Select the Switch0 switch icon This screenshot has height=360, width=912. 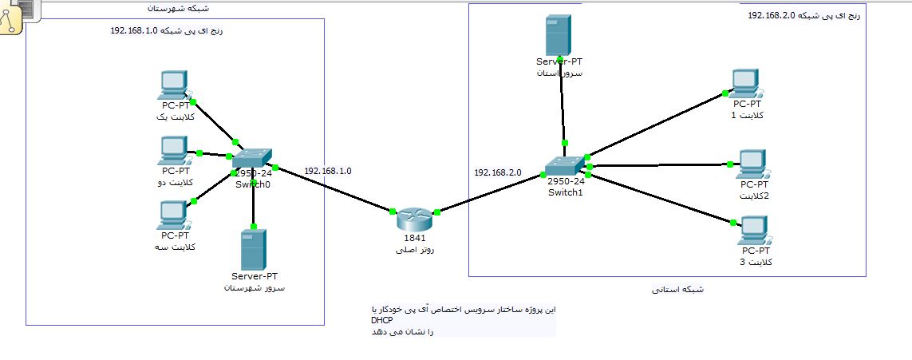[x=252, y=158]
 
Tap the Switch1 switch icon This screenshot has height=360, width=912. [x=566, y=165]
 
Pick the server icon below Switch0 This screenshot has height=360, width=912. [x=253, y=250]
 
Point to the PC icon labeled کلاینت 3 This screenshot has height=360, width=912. [x=754, y=231]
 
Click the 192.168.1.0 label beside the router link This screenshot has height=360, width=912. [x=327, y=171]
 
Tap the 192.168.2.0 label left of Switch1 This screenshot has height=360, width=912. [x=497, y=172]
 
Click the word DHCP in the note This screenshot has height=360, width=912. [x=371, y=320]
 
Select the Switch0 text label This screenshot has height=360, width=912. [x=253, y=184]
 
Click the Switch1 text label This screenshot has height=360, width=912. [x=566, y=192]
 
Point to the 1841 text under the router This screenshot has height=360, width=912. [x=414, y=238]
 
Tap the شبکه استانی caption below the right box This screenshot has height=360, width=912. [x=677, y=289]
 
